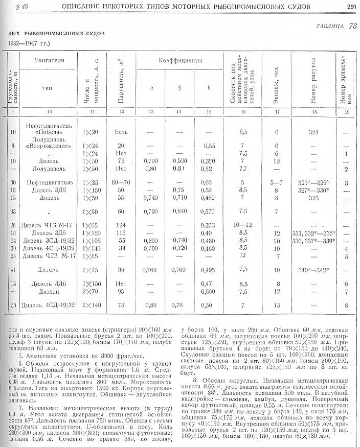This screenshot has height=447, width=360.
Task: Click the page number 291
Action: (x=351, y=7)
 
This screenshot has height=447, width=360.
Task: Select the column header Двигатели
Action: (x=49, y=61)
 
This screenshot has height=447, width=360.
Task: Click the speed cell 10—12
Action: (x=246, y=225)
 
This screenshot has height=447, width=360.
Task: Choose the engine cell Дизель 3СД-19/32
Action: (x=49, y=241)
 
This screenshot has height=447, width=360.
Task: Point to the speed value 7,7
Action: (x=243, y=168)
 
